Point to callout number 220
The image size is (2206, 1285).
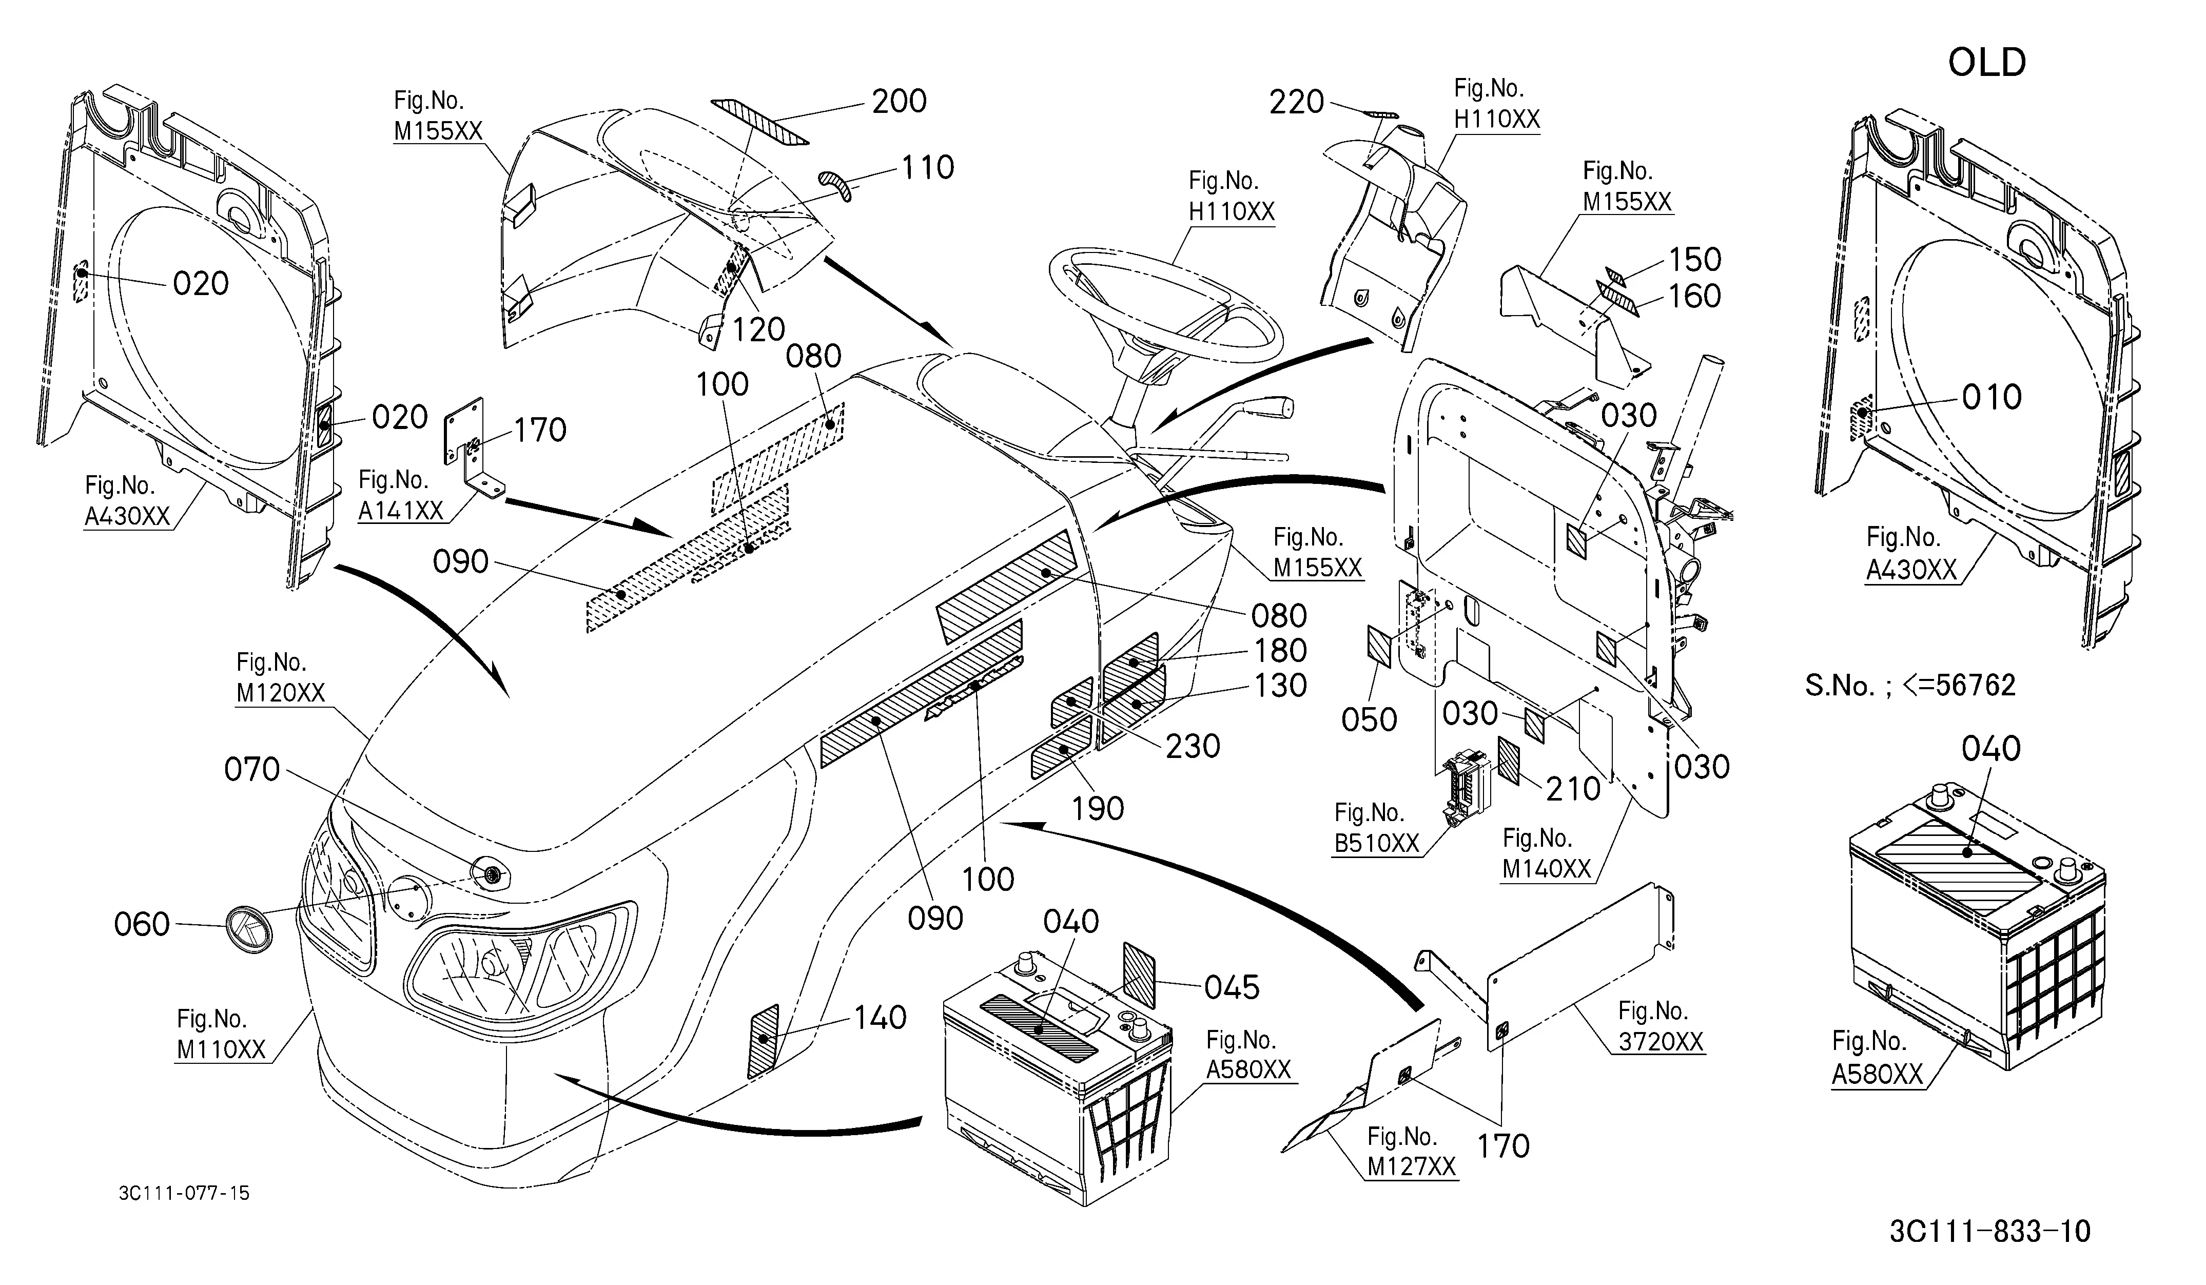click(x=1297, y=103)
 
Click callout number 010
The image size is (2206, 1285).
click(x=1992, y=397)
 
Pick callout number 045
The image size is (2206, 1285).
click(x=1232, y=987)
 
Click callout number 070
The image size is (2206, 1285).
click(x=252, y=769)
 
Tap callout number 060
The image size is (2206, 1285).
click(x=142, y=924)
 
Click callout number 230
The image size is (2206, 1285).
click(x=1193, y=747)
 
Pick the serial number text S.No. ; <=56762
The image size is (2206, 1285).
click(x=1910, y=685)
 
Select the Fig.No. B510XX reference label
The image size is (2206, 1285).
click(x=1376, y=828)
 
